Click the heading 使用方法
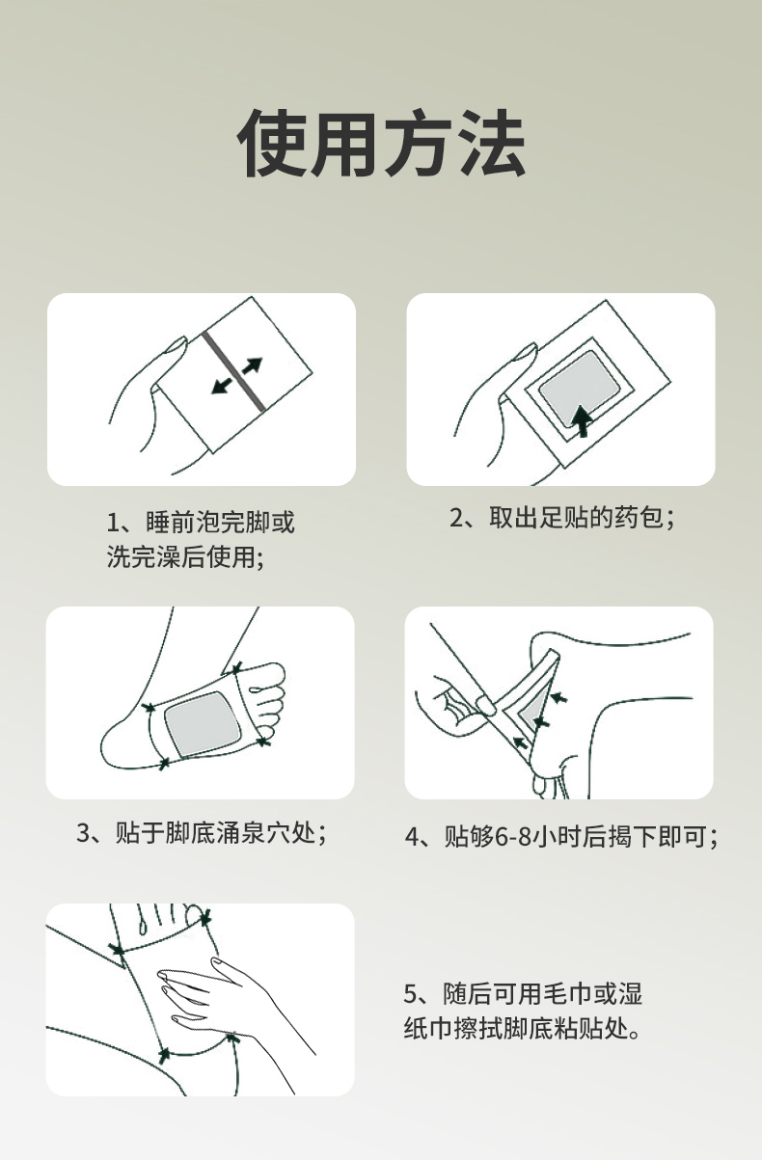click(x=381, y=144)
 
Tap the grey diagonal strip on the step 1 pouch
click(x=234, y=371)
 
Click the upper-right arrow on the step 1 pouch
click(x=253, y=365)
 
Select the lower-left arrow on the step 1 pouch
click(x=222, y=386)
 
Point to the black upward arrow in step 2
click(x=583, y=421)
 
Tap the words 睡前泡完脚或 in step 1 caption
click(x=220, y=522)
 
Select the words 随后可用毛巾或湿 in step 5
click(x=542, y=994)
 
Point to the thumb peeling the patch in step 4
click(x=484, y=704)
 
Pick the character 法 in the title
click(x=493, y=144)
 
